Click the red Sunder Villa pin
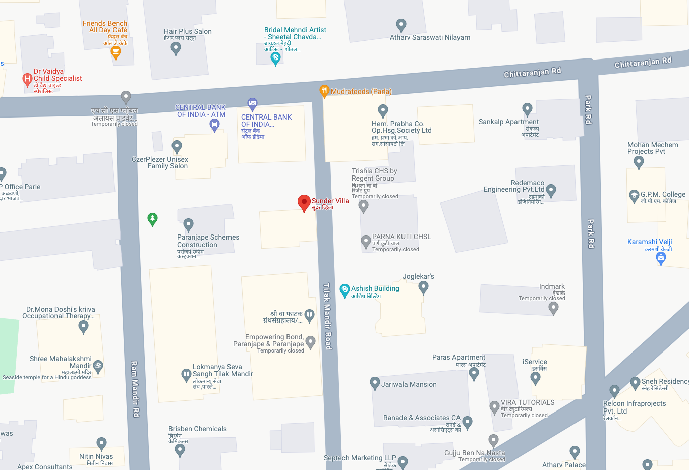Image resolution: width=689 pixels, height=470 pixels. (x=304, y=203)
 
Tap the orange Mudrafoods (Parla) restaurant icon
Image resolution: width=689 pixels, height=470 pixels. (x=324, y=91)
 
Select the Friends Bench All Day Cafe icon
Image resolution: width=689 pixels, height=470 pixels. (x=116, y=52)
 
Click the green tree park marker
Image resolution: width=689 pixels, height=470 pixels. (x=152, y=219)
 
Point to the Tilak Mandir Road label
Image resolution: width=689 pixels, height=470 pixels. (x=327, y=316)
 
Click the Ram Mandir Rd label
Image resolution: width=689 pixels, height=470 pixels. (x=135, y=388)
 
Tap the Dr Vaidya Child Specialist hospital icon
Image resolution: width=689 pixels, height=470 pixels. (x=27, y=79)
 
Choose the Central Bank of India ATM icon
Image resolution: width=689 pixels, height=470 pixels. (x=214, y=125)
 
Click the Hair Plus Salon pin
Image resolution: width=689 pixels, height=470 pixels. (x=176, y=48)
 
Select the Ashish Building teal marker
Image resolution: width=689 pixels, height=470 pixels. (x=344, y=289)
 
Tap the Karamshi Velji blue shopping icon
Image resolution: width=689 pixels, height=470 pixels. (x=661, y=258)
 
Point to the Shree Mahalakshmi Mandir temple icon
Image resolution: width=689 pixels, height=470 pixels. (x=98, y=366)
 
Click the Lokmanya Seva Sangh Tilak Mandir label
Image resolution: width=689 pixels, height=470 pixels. (x=222, y=371)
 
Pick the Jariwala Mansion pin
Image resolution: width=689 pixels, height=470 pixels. (x=375, y=383)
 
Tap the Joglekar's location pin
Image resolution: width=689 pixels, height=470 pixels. (x=423, y=287)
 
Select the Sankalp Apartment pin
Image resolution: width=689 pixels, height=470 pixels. (x=527, y=109)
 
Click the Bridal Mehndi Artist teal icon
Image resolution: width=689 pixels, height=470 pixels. (x=275, y=58)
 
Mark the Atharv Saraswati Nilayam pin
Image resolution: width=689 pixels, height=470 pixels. (x=401, y=25)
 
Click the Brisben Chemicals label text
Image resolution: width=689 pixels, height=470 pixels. (x=197, y=429)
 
